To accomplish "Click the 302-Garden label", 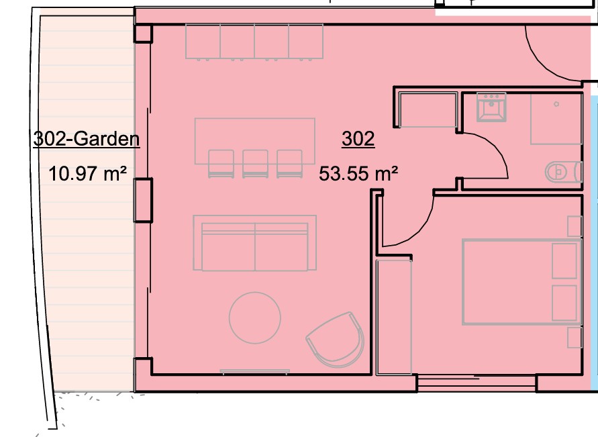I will pos(86,140).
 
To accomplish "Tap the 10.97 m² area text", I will pos(88,175).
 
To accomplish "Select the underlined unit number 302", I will pos(358,140).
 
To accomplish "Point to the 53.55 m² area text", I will pos(358,175).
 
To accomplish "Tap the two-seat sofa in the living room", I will pos(254,243).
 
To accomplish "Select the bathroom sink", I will pos(491,107).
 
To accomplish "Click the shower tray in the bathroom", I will pos(556,119).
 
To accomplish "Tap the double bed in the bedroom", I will pos(519,282).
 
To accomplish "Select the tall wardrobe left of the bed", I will pos(394,317).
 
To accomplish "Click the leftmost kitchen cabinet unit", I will pos(203,42).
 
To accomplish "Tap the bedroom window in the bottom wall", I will pos(477,383).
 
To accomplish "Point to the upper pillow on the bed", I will pos(564,261).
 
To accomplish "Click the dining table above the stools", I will pos(255,134).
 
